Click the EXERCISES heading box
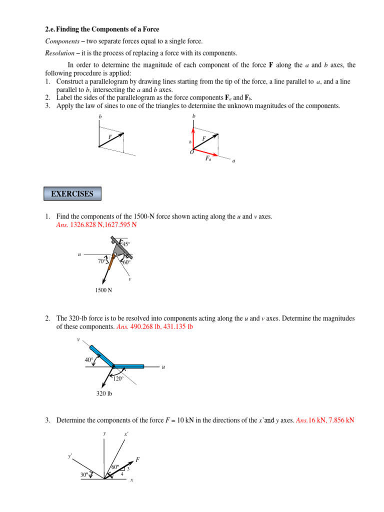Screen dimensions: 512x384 (72, 194)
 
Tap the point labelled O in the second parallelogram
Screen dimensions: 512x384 (191, 152)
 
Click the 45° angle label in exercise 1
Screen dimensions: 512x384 (125, 244)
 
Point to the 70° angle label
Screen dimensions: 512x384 (102, 260)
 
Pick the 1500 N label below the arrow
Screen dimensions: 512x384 (103, 290)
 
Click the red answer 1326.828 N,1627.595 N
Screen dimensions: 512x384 (96, 225)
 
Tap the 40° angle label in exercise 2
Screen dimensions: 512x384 (89, 359)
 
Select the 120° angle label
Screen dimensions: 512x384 (118, 378)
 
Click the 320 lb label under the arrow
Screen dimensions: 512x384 (104, 394)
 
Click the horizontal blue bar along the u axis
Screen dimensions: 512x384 (129, 366)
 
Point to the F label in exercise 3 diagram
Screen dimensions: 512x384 (137, 459)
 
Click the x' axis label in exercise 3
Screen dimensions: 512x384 (126, 434)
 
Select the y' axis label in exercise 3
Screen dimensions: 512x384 (70, 456)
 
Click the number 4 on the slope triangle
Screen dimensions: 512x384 (122, 474)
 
